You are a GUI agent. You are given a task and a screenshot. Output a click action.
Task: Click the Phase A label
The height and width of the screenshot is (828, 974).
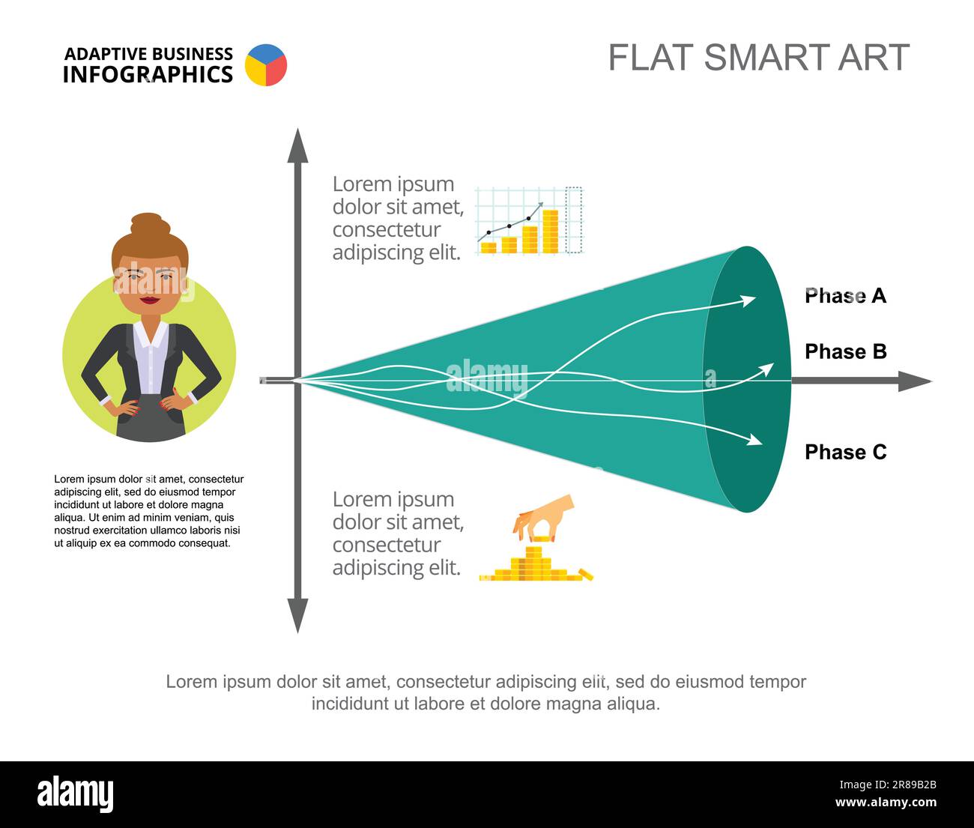coord(845,296)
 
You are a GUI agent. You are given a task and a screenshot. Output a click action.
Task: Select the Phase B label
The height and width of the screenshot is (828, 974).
coord(845,351)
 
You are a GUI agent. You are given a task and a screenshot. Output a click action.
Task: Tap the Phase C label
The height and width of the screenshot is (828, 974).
coord(845,453)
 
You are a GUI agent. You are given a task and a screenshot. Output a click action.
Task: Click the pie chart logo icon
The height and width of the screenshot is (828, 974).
coord(266,65)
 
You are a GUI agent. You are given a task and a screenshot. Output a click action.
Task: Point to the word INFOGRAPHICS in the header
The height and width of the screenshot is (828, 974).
coord(148,74)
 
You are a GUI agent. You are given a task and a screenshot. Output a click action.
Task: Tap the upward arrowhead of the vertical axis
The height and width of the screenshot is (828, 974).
coord(297,145)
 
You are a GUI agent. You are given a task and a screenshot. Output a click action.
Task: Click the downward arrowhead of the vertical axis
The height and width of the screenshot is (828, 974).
coord(297,615)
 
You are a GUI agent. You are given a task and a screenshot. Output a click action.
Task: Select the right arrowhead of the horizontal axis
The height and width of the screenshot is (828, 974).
coord(915,381)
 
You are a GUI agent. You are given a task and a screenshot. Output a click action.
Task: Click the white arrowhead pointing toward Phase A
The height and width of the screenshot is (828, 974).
coord(748,300)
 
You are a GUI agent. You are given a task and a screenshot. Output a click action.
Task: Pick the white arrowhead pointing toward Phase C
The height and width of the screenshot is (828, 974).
coord(754,439)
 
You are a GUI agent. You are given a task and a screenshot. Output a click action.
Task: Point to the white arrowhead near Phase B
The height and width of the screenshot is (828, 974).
coord(766,369)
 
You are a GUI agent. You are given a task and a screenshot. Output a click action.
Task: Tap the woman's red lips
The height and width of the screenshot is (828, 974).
coord(150,300)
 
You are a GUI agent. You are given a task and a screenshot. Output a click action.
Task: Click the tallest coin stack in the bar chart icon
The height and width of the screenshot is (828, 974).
coord(551,232)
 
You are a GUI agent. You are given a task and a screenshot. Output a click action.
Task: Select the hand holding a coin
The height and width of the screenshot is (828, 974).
coord(543,518)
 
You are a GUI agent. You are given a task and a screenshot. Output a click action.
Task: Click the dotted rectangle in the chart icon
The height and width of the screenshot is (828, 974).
coord(573,220)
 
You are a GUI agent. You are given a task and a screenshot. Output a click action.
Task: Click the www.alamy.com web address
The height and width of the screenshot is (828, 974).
coord(886,802)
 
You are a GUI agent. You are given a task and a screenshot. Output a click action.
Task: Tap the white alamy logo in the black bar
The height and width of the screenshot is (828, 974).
coord(76,794)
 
